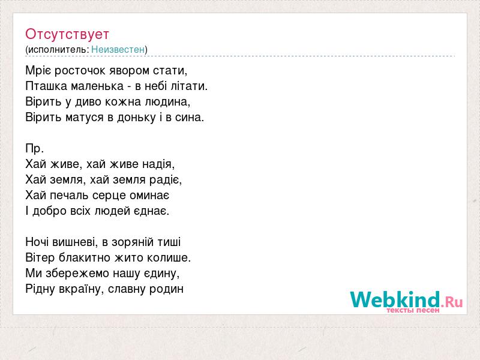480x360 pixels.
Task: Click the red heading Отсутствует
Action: (x=67, y=34)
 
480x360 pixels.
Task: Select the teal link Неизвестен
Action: (x=118, y=49)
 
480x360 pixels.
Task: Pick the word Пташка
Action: (x=46, y=86)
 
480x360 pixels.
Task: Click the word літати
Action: (x=189, y=86)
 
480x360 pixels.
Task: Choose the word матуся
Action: (x=85, y=118)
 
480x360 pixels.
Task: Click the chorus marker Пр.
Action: (x=35, y=149)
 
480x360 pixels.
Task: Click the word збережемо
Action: (x=77, y=274)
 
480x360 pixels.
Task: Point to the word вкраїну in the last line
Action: (x=79, y=289)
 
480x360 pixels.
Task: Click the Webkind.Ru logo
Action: (x=406, y=302)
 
